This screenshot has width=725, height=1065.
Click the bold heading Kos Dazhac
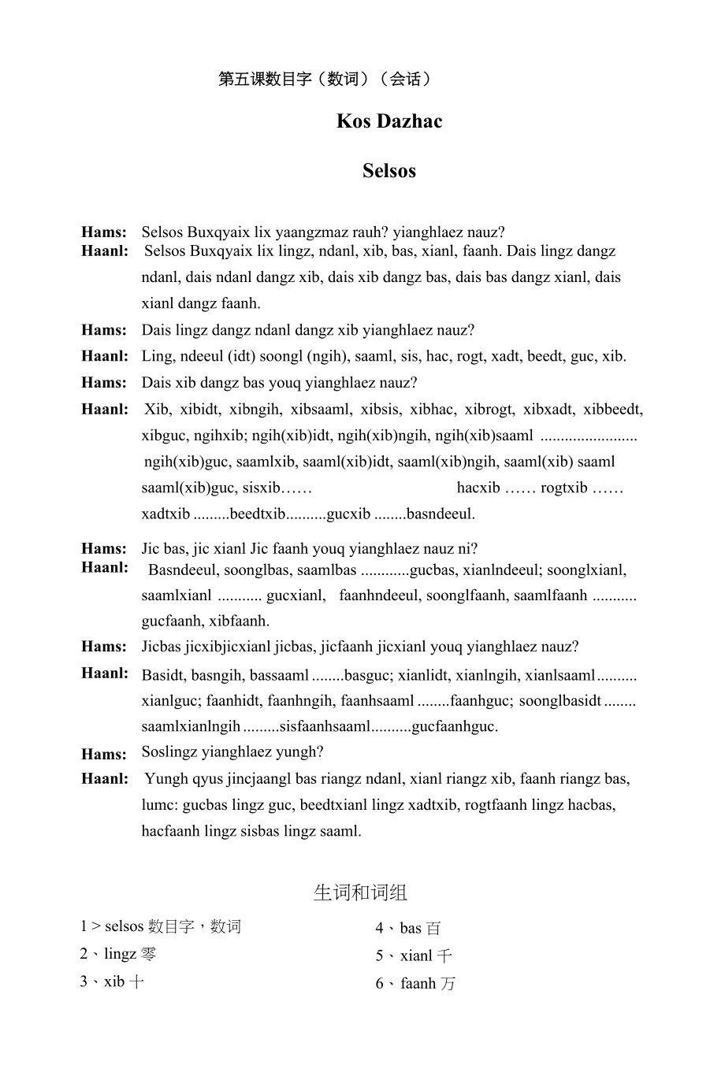(x=389, y=121)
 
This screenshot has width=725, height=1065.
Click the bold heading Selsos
(x=389, y=171)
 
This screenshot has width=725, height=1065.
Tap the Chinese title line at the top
(x=325, y=79)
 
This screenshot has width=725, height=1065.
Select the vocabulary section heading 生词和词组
(x=360, y=892)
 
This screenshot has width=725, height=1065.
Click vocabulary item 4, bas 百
(x=408, y=929)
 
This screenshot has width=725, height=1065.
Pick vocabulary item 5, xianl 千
(x=414, y=956)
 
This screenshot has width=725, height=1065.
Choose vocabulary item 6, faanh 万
(x=415, y=984)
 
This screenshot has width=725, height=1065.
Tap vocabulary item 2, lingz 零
(x=118, y=954)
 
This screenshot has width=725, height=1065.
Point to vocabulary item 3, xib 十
(x=112, y=982)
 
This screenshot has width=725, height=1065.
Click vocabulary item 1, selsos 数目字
(x=161, y=926)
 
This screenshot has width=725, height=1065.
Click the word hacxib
(x=478, y=488)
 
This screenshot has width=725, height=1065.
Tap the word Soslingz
(x=169, y=751)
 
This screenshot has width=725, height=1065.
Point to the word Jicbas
(x=162, y=647)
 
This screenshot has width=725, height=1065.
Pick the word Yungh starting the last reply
(x=166, y=779)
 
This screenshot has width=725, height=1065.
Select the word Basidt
(x=162, y=675)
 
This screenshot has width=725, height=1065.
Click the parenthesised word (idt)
(x=240, y=356)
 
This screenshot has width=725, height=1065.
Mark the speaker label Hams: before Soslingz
(x=103, y=754)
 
